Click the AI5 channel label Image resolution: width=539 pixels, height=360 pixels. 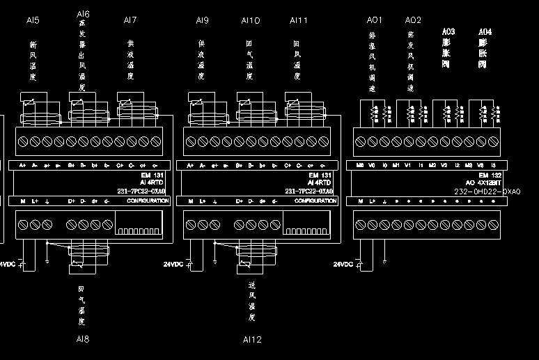point(32,20)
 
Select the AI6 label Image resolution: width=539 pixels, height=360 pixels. point(82,14)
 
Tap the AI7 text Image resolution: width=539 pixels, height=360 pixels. point(130,20)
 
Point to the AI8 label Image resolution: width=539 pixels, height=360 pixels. point(82,339)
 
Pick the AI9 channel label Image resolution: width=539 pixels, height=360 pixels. point(202,20)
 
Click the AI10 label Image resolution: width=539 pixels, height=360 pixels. point(251,20)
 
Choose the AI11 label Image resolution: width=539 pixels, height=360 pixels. point(299,20)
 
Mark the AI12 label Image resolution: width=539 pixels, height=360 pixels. point(251,339)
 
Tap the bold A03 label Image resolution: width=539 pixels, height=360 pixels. point(448,31)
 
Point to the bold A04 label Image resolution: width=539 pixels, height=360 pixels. point(485,31)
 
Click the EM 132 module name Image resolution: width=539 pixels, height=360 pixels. point(490,175)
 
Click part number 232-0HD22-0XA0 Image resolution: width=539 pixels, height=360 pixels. point(487,191)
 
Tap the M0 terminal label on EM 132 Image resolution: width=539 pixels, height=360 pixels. point(359,166)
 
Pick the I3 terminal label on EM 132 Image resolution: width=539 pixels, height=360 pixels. point(492,166)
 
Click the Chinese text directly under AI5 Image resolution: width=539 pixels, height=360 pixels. point(32,61)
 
